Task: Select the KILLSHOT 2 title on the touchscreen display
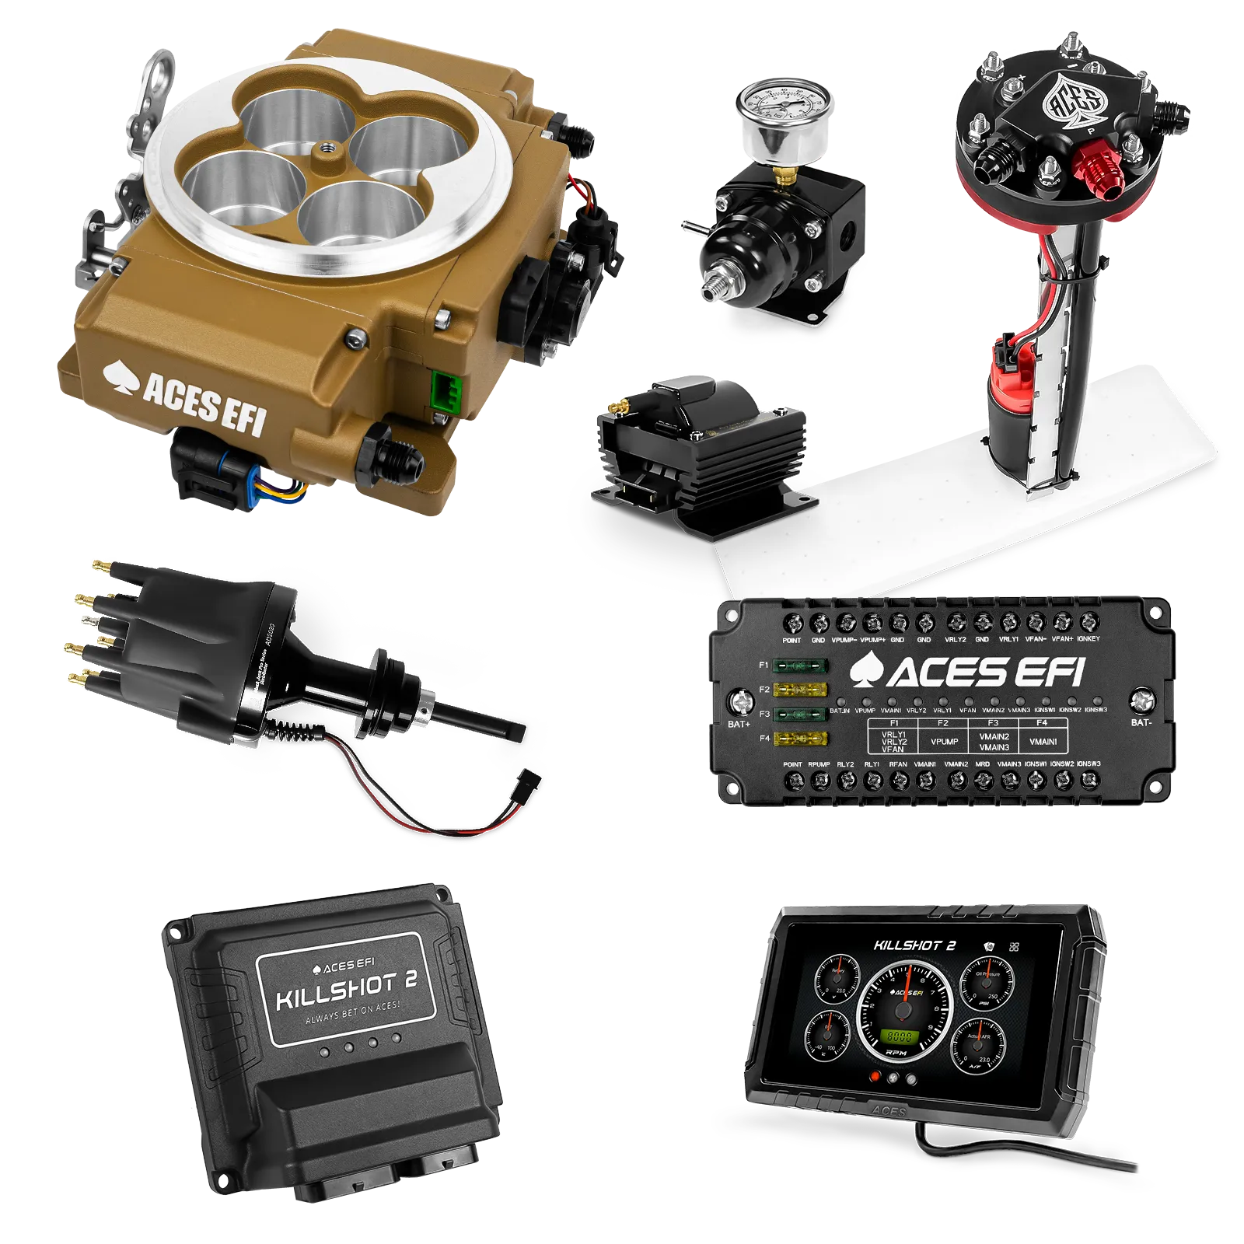pyautogui.click(x=914, y=945)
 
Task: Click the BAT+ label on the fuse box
pyautogui.click(x=739, y=725)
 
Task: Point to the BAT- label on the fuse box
pyautogui.click(x=1141, y=722)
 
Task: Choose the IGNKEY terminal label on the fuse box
pyautogui.click(x=1088, y=639)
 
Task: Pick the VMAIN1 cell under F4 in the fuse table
pyautogui.click(x=1043, y=742)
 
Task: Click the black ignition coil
pyautogui.click(x=700, y=443)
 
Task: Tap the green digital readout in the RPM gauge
pyautogui.click(x=900, y=1037)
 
